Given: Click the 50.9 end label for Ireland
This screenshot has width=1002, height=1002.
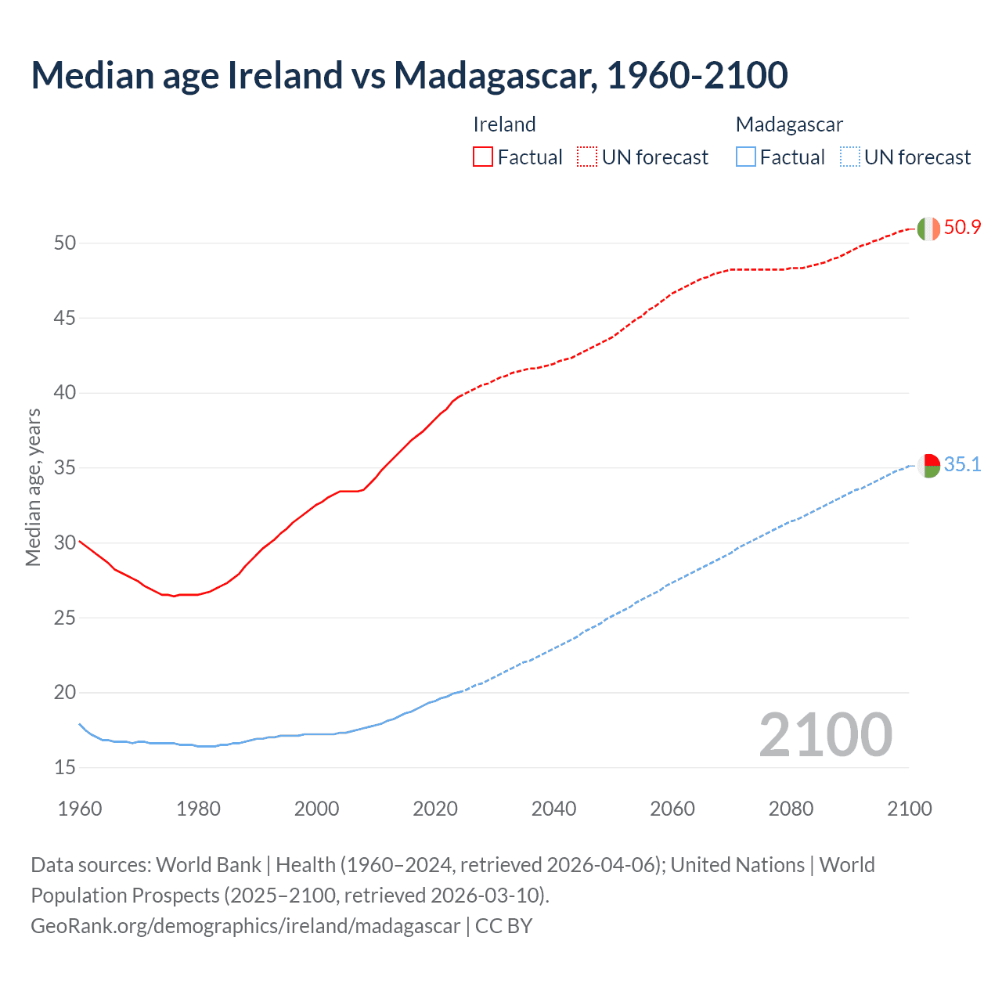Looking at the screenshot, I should [x=962, y=228].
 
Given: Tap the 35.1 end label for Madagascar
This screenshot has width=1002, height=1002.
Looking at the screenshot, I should [x=962, y=465].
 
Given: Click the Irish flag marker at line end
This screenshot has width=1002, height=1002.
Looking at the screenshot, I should [x=928, y=229].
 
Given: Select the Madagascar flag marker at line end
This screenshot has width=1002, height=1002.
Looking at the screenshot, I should [x=928, y=466].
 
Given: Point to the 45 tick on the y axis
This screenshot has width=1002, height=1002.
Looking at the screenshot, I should [x=65, y=318].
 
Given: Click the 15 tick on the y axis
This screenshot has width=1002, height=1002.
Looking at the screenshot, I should [x=65, y=767].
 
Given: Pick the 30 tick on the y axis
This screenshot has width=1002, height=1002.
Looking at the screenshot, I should [x=65, y=542].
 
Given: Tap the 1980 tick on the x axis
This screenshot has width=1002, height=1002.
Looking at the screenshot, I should [x=198, y=809].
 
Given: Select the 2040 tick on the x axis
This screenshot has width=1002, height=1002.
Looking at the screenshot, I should [x=553, y=809].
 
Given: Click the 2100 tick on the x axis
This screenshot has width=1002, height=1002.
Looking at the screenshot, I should [x=909, y=809].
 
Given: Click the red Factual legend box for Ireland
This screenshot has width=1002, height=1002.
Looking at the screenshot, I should [x=483, y=157].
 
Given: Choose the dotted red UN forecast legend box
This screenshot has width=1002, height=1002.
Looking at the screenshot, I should [x=587, y=157].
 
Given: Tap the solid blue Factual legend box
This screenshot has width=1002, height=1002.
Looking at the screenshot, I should [x=745, y=157].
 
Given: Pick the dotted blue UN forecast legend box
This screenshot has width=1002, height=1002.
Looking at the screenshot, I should [x=849, y=157].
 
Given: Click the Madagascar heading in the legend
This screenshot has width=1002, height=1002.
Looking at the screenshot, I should [x=789, y=124].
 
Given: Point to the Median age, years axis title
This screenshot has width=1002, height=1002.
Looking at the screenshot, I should [x=33, y=487].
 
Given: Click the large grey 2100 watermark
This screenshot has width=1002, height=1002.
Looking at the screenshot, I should [x=825, y=735].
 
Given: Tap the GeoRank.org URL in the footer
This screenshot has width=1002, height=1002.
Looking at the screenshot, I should [x=245, y=926].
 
